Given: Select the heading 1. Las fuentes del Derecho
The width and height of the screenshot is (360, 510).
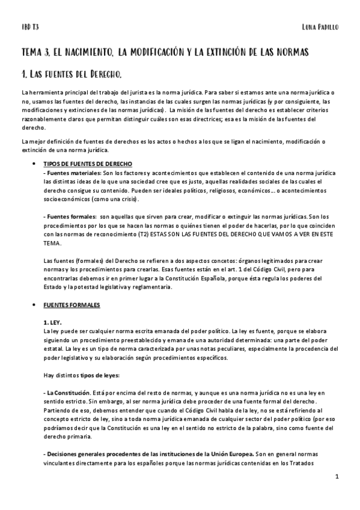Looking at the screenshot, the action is click(72, 75).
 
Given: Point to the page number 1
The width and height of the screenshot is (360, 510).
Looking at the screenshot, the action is click(338, 476).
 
